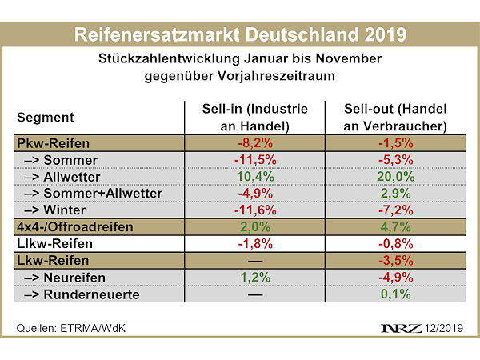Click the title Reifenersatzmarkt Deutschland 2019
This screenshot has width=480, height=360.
coord(239,35)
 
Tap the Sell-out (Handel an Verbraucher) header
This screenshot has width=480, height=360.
coord(394,117)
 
